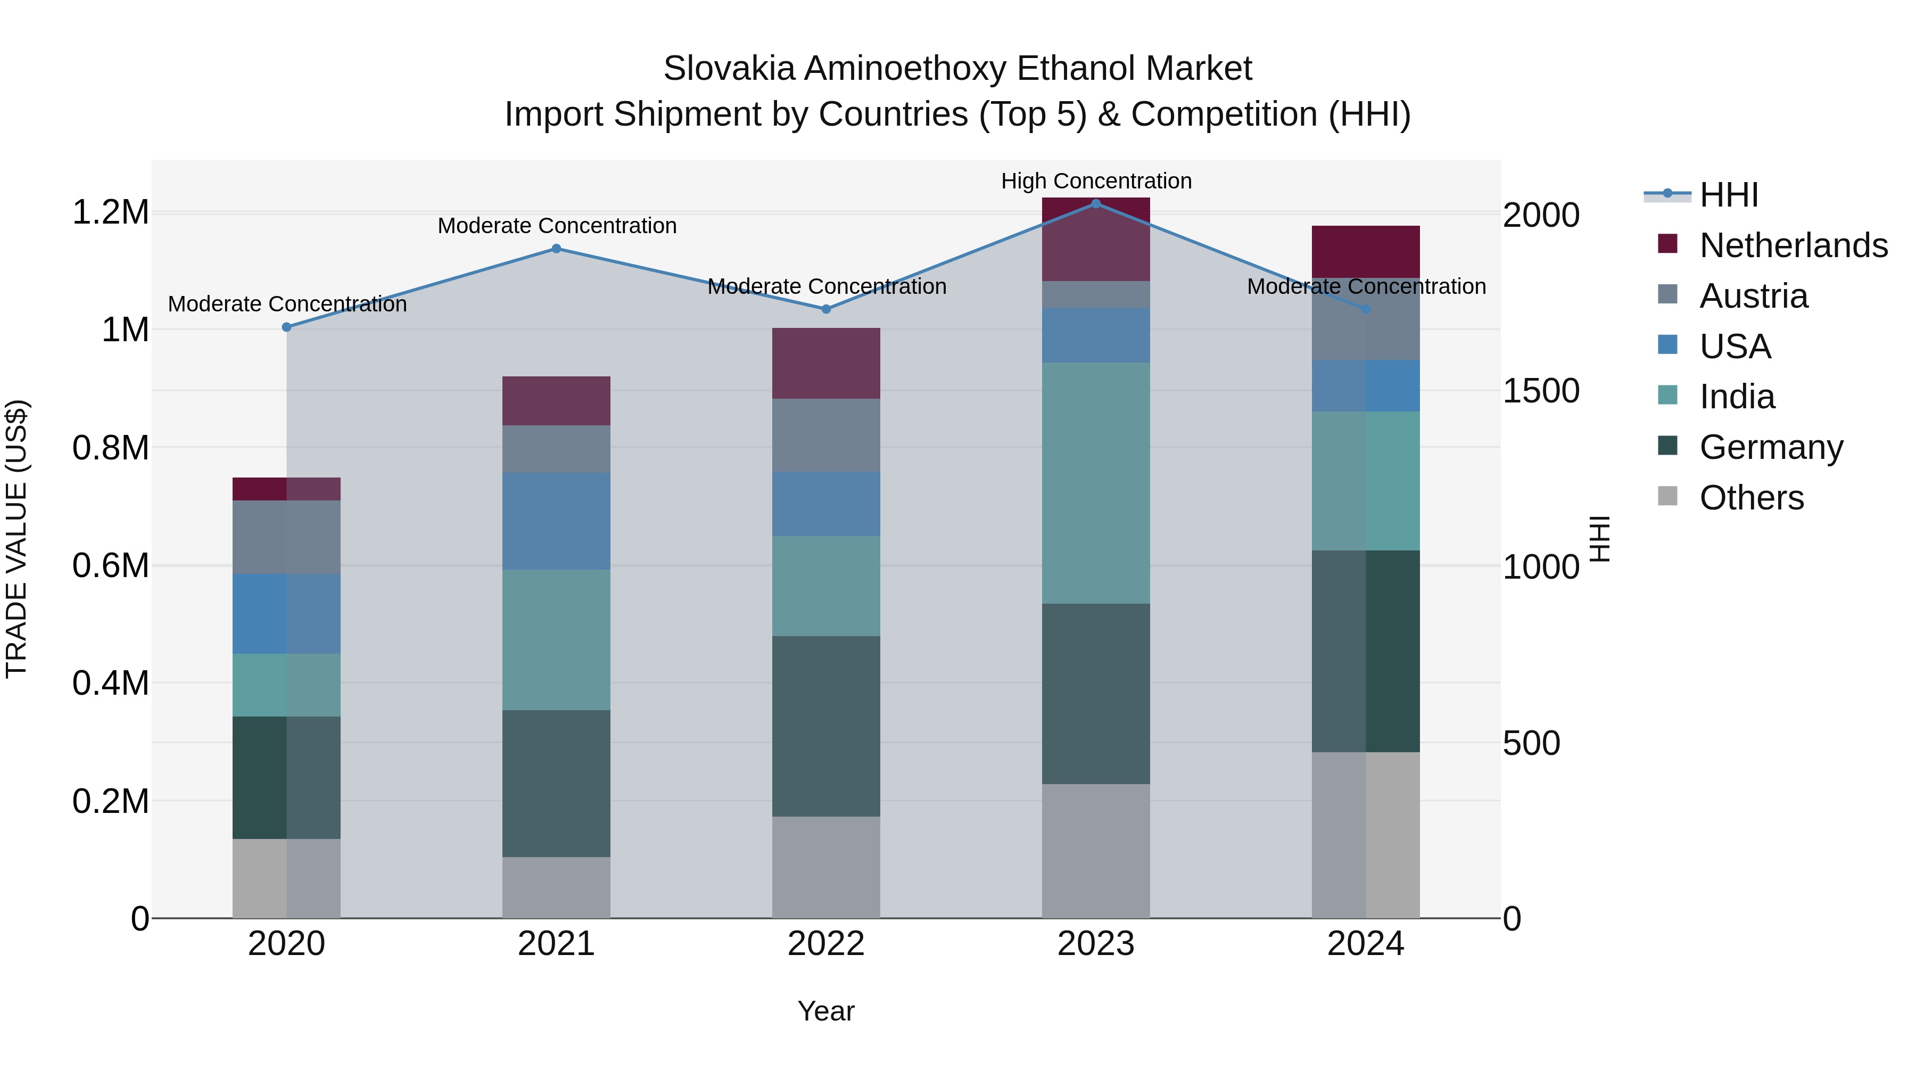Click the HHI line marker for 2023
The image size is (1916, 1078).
coord(1096,203)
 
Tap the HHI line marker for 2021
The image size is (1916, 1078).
coord(556,249)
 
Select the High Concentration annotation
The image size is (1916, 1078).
coord(1096,181)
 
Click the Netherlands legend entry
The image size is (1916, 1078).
coord(1793,245)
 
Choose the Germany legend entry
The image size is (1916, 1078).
coord(1770,447)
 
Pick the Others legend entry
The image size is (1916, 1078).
coord(1751,498)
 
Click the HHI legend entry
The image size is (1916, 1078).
coord(1729,195)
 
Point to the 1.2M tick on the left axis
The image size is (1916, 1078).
coord(110,213)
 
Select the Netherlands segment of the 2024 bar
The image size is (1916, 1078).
coord(1366,251)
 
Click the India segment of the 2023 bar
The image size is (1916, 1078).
coord(1096,483)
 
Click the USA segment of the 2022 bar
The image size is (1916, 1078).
coord(825,504)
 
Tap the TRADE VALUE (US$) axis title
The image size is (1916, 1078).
coord(16,539)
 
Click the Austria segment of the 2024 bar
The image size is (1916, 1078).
coord(1366,319)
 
